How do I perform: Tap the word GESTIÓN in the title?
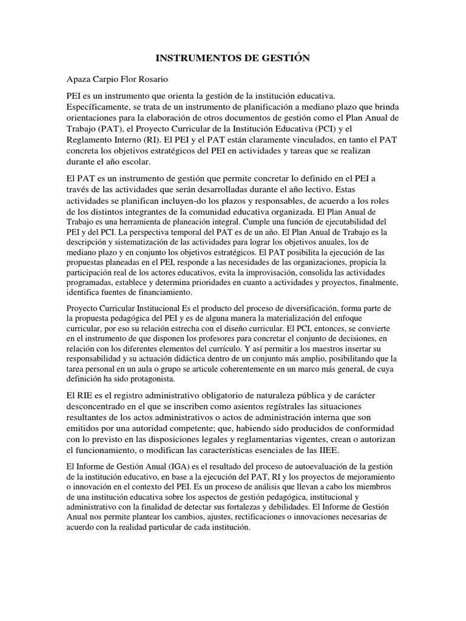click(285, 58)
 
